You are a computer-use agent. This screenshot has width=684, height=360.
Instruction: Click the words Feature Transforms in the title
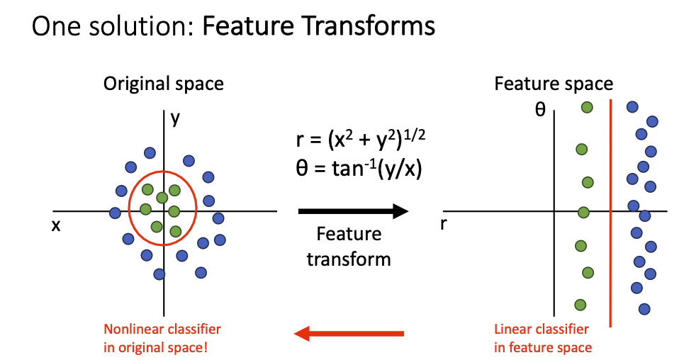pos(319,26)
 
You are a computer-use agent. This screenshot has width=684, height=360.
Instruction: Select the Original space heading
pos(164,84)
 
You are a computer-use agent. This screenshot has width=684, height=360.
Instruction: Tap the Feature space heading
pos(554,84)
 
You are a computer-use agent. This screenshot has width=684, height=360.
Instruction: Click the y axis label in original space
pos(174,119)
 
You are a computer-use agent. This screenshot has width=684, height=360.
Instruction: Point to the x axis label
pos(55,225)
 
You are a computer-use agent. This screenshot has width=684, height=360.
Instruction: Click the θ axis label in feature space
pos(541,110)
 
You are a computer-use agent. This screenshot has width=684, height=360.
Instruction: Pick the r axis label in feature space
pos(444,225)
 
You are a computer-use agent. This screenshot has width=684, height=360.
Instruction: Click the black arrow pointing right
pos(353,210)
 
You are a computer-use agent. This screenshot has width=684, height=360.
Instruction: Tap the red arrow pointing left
pos(349,332)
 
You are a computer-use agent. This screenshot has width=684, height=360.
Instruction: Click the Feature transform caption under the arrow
pos(348,246)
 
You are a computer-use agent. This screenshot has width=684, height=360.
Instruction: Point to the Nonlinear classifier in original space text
pos(162,338)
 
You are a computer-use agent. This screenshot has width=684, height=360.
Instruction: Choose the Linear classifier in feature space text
pos(542,338)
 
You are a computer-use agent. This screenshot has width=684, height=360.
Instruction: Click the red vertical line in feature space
pos(610,213)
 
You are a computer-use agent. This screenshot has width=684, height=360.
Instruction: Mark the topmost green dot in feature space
pos(587,107)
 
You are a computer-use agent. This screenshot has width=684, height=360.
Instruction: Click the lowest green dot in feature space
pos(580,305)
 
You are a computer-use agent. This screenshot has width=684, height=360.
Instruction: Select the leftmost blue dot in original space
pos(115,213)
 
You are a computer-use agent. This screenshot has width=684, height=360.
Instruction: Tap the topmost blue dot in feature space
pos(632,107)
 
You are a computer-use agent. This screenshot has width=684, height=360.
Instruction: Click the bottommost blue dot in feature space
pos(644,308)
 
